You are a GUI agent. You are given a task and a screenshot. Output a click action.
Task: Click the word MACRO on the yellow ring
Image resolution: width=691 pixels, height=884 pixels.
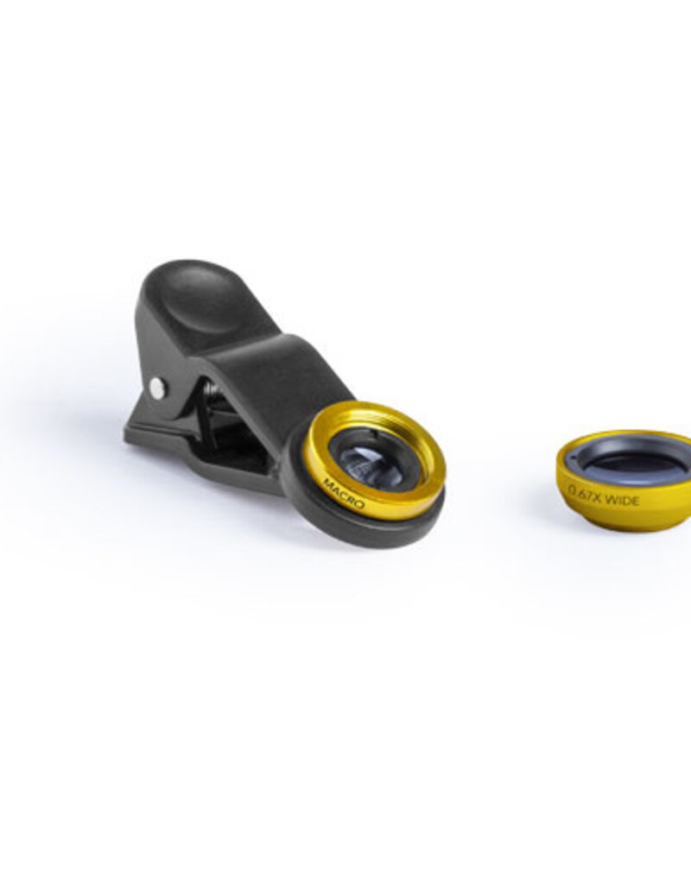[344, 492]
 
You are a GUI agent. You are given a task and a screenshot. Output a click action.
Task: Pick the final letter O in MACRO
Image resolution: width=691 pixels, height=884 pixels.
[360, 503]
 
